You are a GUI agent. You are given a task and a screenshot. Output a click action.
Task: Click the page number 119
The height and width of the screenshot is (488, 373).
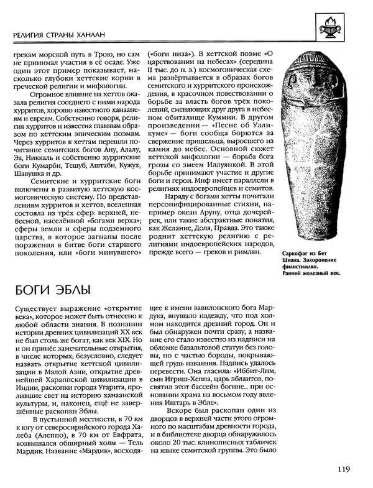tap(346, 469)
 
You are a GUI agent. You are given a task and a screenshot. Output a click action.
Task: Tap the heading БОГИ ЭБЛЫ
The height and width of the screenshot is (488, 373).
tap(52, 290)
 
